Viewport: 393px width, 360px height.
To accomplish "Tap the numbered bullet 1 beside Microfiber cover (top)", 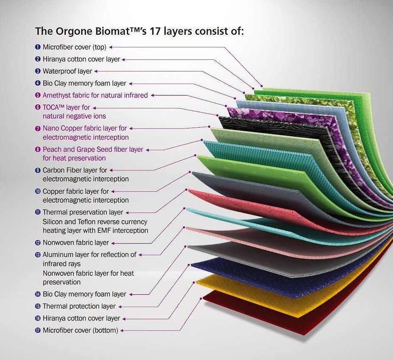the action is tap(38, 47).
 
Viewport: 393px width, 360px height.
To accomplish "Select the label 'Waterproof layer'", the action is tap(67, 71).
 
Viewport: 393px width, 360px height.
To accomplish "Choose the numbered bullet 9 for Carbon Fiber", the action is tap(38, 170).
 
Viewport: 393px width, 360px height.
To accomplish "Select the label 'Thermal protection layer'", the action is tap(79, 307).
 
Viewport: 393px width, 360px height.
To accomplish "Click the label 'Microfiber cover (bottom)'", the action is tap(81, 330).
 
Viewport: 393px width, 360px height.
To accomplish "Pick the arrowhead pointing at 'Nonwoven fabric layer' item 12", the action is tap(113, 243).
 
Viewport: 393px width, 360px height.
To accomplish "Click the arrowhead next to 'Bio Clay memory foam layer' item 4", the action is tap(130, 84).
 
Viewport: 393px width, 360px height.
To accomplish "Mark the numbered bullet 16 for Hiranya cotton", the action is tap(38, 318).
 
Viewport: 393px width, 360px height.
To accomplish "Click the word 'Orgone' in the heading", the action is tap(74, 32).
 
